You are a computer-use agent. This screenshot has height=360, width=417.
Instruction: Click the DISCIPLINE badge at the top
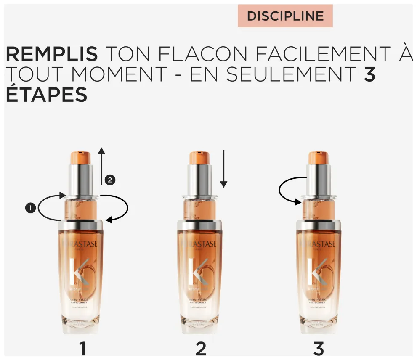(x=285, y=16)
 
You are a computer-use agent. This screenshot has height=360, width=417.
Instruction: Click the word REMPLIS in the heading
(x=51, y=54)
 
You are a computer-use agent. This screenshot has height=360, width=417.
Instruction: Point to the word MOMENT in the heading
(x=118, y=74)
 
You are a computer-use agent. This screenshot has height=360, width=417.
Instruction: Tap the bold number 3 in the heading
(x=369, y=74)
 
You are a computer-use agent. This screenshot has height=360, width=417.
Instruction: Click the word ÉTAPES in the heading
(x=46, y=95)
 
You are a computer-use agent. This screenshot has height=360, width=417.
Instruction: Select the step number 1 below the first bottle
(x=82, y=349)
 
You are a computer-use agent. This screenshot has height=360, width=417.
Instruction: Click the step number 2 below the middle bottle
(x=201, y=349)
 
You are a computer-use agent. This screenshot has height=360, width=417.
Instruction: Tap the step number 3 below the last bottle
(x=319, y=349)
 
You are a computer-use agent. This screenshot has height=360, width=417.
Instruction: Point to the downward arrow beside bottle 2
(x=223, y=168)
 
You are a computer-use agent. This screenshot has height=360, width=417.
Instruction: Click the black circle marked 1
(x=30, y=208)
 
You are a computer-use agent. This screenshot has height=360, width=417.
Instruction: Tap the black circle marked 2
(x=110, y=180)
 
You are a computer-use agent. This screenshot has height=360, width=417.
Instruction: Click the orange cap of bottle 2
(x=199, y=158)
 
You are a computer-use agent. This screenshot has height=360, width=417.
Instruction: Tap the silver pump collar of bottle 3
(x=318, y=179)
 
